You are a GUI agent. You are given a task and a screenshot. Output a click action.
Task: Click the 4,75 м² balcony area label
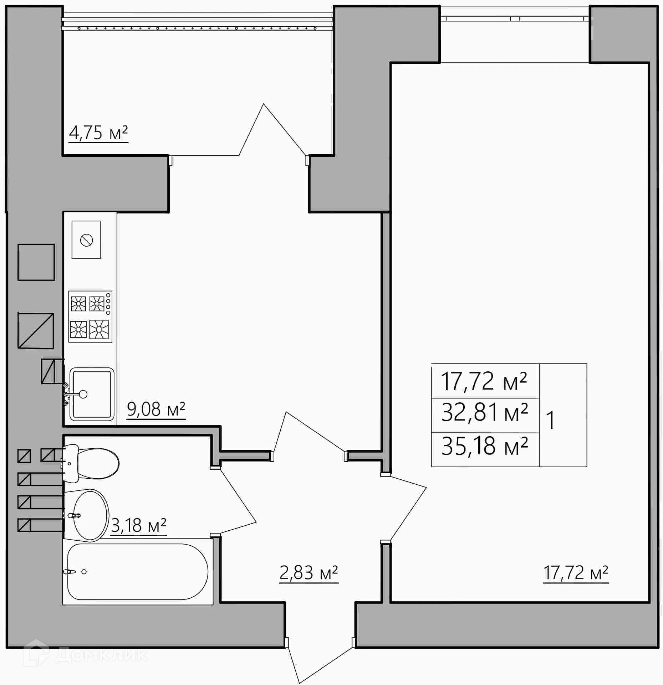point(98,133)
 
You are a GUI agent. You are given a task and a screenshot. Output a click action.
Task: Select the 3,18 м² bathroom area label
point(138,525)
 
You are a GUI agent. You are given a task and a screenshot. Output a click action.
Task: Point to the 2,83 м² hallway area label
point(308,573)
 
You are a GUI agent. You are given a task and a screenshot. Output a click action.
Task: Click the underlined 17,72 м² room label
point(575,573)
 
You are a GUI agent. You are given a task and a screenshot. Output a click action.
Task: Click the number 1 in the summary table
point(550,421)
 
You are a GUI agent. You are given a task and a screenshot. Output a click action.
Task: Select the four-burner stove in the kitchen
point(90,316)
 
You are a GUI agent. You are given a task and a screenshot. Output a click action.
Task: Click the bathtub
point(137,572)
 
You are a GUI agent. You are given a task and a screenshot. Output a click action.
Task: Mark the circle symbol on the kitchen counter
point(87,240)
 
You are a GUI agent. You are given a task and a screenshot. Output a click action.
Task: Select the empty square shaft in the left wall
point(36,262)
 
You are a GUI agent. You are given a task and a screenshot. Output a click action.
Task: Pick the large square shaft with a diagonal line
point(36,331)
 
